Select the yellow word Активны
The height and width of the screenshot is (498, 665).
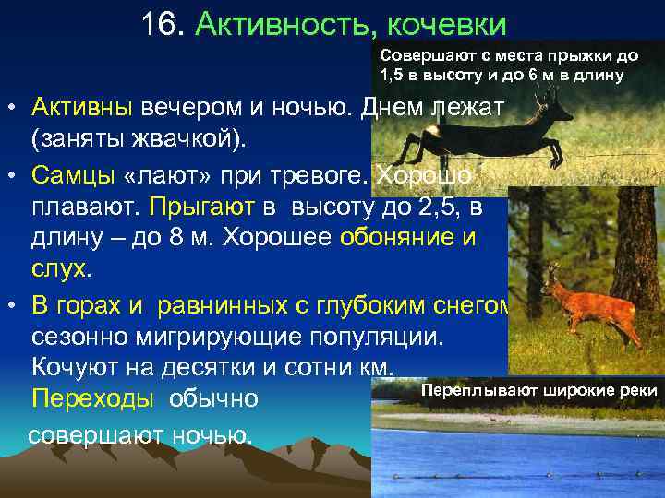click(x=81, y=108)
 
